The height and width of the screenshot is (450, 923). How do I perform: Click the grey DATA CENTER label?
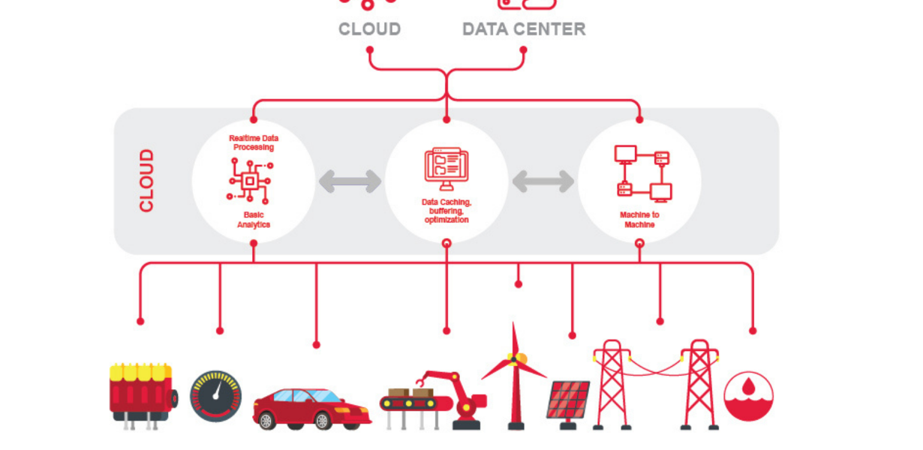point(523,29)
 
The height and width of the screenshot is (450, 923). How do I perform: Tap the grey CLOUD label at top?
point(369,29)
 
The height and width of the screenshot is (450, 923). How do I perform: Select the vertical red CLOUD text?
point(146,181)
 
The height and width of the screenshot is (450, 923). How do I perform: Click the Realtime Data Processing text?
point(253,142)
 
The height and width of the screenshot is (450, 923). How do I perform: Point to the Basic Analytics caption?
point(254,220)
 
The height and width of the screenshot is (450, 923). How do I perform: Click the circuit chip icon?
point(249,181)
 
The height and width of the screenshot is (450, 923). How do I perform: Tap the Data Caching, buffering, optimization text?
point(446,211)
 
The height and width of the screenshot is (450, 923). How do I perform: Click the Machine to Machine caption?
point(639,220)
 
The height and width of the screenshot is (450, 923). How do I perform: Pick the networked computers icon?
point(642,173)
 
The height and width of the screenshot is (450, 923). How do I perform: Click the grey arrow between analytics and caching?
point(350,181)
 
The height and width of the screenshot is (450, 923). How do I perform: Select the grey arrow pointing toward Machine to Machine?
point(543,181)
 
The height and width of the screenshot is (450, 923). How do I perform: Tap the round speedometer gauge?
point(216,396)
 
